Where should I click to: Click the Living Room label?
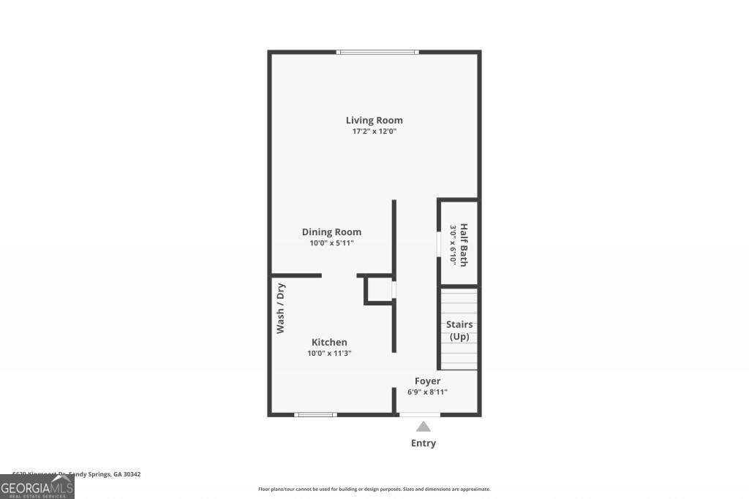[374, 120]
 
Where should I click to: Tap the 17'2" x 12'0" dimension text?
[374, 132]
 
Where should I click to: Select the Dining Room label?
[331, 232]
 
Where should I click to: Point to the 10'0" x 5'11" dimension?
[331, 243]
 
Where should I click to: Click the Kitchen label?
[329, 342]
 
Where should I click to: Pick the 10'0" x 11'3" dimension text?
[329, 354]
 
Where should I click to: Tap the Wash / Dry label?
[280, 308]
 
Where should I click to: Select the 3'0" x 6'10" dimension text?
[453, 245]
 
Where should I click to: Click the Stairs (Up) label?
[459, 330]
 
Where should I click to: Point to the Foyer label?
[427, 381]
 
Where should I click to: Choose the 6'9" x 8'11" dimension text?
[427, 392]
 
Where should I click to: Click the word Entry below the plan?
[424, 443]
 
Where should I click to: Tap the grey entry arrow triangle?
[424, 427]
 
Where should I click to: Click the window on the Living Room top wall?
[377, 52]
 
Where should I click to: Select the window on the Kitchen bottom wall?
[315, 414]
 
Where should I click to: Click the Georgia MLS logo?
[37, 487]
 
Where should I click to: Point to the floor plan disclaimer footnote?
[374, 489]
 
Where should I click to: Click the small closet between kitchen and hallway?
[379, 290]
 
